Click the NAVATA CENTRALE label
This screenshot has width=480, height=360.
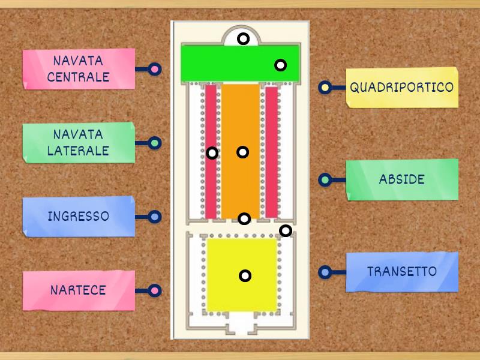pos(79,69)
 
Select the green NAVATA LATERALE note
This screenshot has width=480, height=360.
pos(79,143)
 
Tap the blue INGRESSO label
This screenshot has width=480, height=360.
pos(79,217)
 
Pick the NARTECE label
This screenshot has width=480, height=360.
pos(79,290)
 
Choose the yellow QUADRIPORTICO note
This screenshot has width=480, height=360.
pos(402,88)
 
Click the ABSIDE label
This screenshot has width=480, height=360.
pos(402,179)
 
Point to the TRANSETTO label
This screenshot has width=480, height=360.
pos(402,272)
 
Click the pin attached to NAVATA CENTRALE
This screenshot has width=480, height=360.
pos(155,70)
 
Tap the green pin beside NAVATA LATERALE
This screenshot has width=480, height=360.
pos(155,143)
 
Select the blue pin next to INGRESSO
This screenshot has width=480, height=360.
pos(155,217)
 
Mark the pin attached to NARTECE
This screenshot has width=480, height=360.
pos(155,291)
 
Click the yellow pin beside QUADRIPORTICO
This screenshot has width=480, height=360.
pos(325,88)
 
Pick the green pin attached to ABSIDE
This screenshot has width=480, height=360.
pos(325,179)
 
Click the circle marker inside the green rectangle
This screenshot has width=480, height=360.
pos(280,65)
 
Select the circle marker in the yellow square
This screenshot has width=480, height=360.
pos(245,276)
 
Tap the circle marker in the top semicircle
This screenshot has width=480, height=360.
pos(243,39)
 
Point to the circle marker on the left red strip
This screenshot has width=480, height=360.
pos(212,153)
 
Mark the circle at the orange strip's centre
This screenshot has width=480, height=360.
pos(242,152)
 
